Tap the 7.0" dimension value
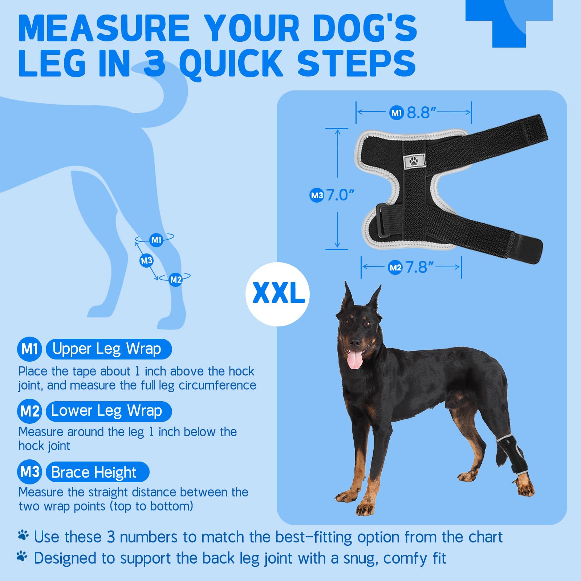tap(340, 195)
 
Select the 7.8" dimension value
tap(420, 268)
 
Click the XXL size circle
tap(278, 294)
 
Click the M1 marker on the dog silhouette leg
tap(157, 240)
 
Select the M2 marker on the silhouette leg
tap(176, 280)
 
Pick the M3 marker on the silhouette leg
tap(147, 260)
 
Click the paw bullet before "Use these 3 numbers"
tap(23, 535)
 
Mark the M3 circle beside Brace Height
tap(30, 472)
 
